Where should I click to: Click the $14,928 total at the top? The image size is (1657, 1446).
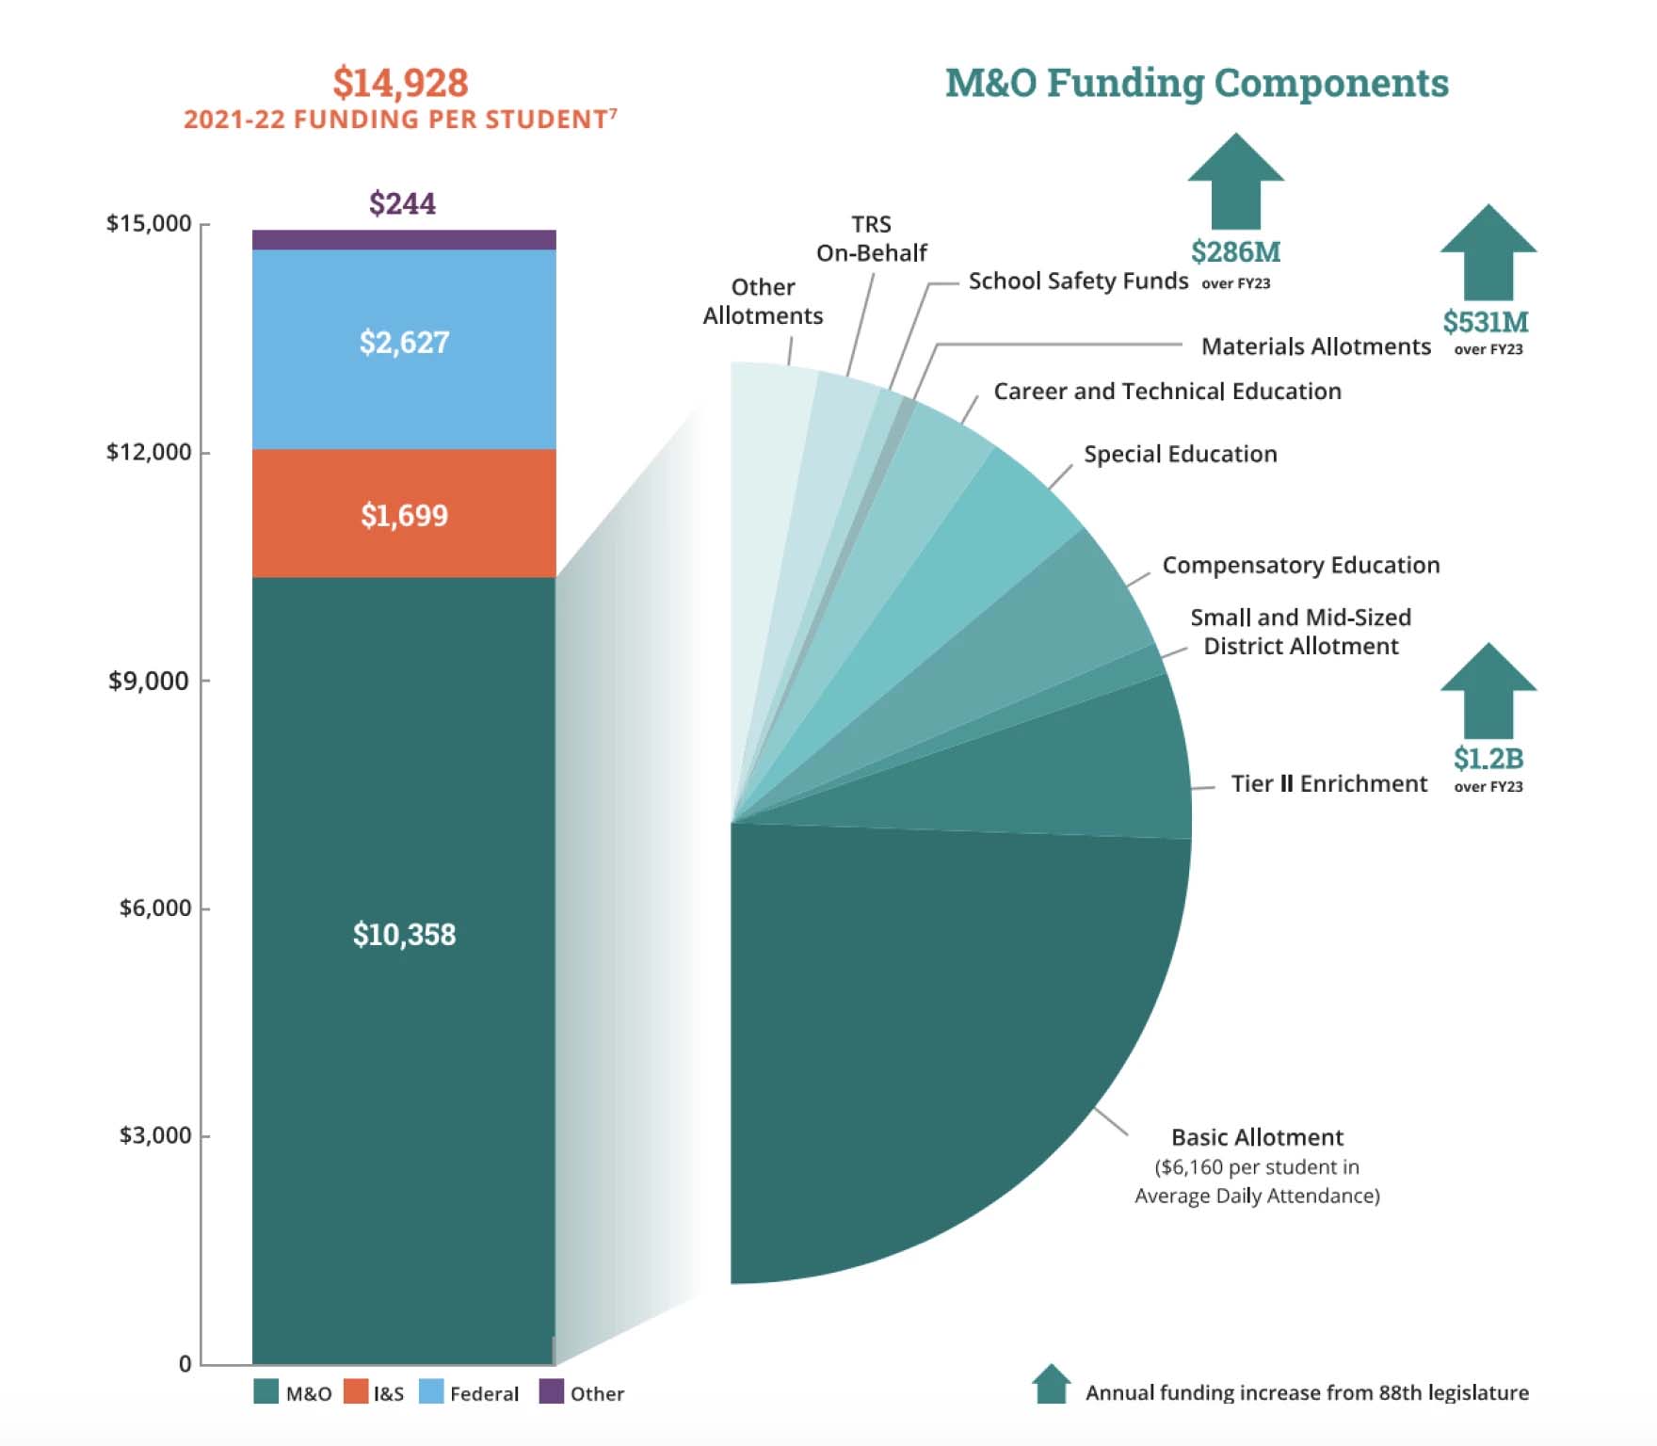[x=400, y=83]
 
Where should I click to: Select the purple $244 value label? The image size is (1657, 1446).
[x=402, y=203]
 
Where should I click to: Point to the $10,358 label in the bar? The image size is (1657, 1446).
[x=404, y=934]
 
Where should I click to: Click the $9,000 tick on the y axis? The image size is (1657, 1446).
[x=150, y=681]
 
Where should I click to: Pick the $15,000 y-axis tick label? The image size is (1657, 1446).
[x=148, y=223]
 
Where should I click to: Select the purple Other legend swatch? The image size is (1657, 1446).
[x=551, y=1391]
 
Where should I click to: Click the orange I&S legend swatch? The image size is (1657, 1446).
[x=356, y=1391]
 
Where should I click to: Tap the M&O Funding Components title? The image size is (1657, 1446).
[x=1197, y=83]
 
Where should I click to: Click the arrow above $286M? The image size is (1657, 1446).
[x=1235, y=181]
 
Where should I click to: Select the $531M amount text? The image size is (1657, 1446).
[x=1486, y=322]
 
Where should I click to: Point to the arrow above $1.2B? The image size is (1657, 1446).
[x=1488, y=690]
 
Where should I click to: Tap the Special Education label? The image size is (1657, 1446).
[x=1180, y=454]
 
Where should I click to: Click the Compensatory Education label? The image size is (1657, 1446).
[x=1300, y=565]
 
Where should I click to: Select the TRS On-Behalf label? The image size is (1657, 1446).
[x=871, y=238]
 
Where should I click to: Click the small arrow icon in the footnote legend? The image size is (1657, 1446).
[x=1051, y=1384]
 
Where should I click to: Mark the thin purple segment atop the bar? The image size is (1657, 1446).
[x=404, y=239]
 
